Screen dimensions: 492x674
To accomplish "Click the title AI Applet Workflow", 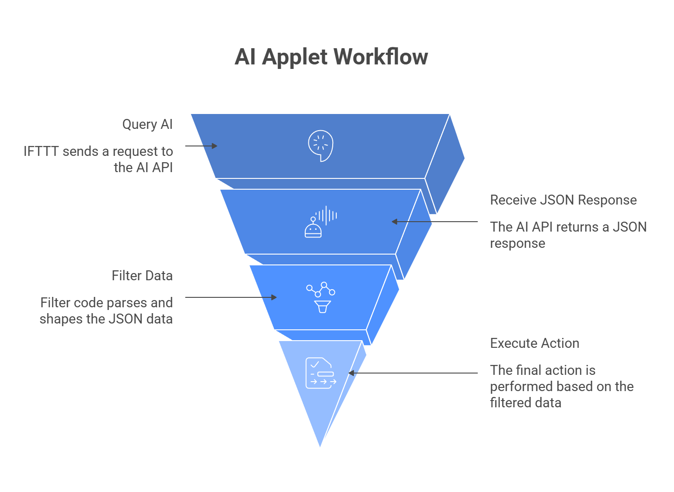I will (x=331, y=57).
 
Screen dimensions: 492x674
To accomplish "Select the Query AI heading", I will (x=147, y=124).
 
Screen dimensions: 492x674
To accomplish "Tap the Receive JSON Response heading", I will (x=563, y=200).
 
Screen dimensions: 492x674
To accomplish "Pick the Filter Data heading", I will (x=142, y=276).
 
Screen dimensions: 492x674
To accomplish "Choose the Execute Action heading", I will (x=534, y=343).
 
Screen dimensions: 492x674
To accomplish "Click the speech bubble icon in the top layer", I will (x=321, y=146).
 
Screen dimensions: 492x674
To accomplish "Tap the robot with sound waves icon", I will (x=321, y=222).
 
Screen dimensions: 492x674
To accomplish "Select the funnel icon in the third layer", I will (x=321, y=297).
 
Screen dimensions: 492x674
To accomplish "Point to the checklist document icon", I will (x=321, y=373).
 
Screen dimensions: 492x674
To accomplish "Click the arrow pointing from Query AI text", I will (x=201, y=146).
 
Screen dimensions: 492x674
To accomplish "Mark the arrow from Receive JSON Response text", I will (x=434, y=222).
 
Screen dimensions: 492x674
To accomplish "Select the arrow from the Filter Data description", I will (x=231, y=297).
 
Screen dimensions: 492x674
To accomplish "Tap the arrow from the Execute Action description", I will (x=413, y=373).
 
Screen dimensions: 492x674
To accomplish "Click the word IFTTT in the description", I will (x=41, y=151).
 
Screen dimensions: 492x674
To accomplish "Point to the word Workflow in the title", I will (x=381, y=57).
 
